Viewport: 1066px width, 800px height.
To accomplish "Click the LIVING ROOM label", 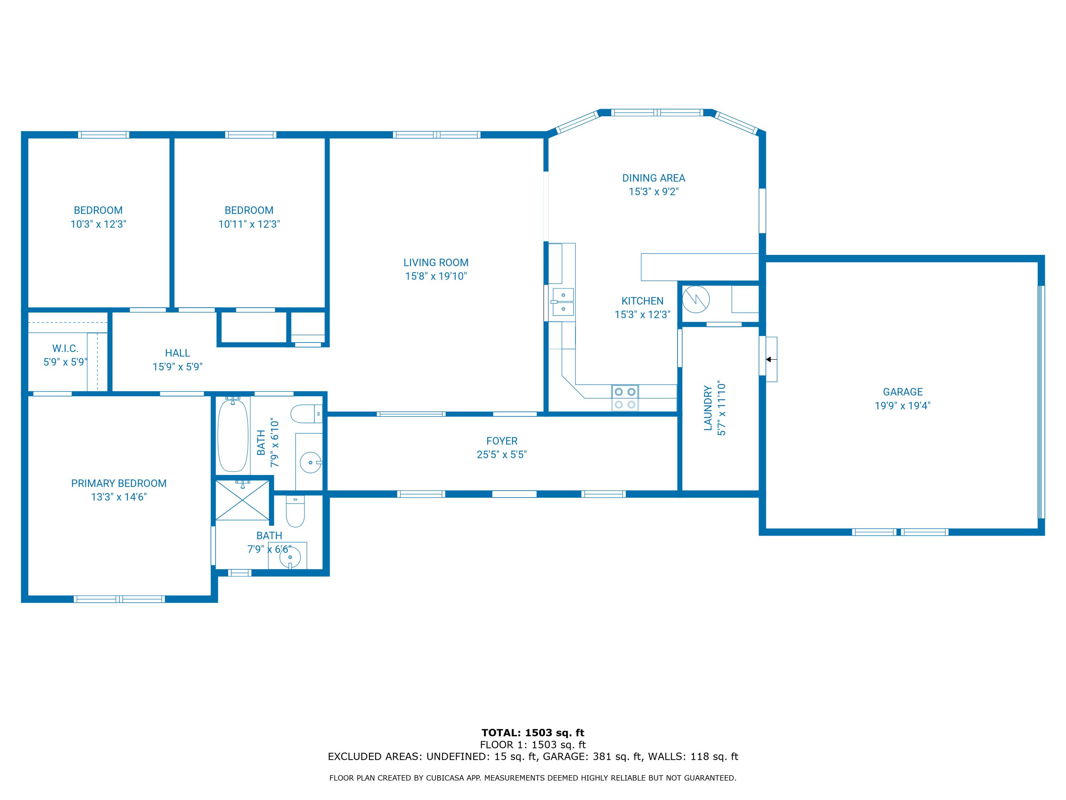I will [x=436, y=262].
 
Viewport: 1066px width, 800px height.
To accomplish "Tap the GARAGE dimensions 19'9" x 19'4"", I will [x=902, y=406].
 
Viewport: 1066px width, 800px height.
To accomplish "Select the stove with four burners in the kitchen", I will [x=625, y=398].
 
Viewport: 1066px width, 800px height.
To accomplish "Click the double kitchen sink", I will [x=563, y=302].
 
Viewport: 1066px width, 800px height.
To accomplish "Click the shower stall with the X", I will [x=242, y=500].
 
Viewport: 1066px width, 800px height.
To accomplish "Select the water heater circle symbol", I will [x=696, y=299].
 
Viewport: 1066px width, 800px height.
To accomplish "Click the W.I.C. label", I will [x=65, y=348].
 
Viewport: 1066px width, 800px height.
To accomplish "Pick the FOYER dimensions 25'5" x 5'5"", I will [x=502, y=455].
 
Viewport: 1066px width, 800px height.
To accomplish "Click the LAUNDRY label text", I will [x=708, y=407].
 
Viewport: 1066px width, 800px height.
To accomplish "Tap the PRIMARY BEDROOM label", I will [x=119, y=483].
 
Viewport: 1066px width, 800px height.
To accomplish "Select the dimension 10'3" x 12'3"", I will [x=98, y=224].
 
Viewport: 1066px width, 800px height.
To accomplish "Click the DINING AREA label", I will [x=653, y=178].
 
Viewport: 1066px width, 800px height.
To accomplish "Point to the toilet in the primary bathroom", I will [x=295, y=512].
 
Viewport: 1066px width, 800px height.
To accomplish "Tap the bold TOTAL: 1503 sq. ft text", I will [x=533, y=733].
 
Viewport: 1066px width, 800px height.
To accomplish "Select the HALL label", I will [x=177, y=353].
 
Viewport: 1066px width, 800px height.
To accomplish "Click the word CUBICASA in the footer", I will [x=446, y=778].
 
